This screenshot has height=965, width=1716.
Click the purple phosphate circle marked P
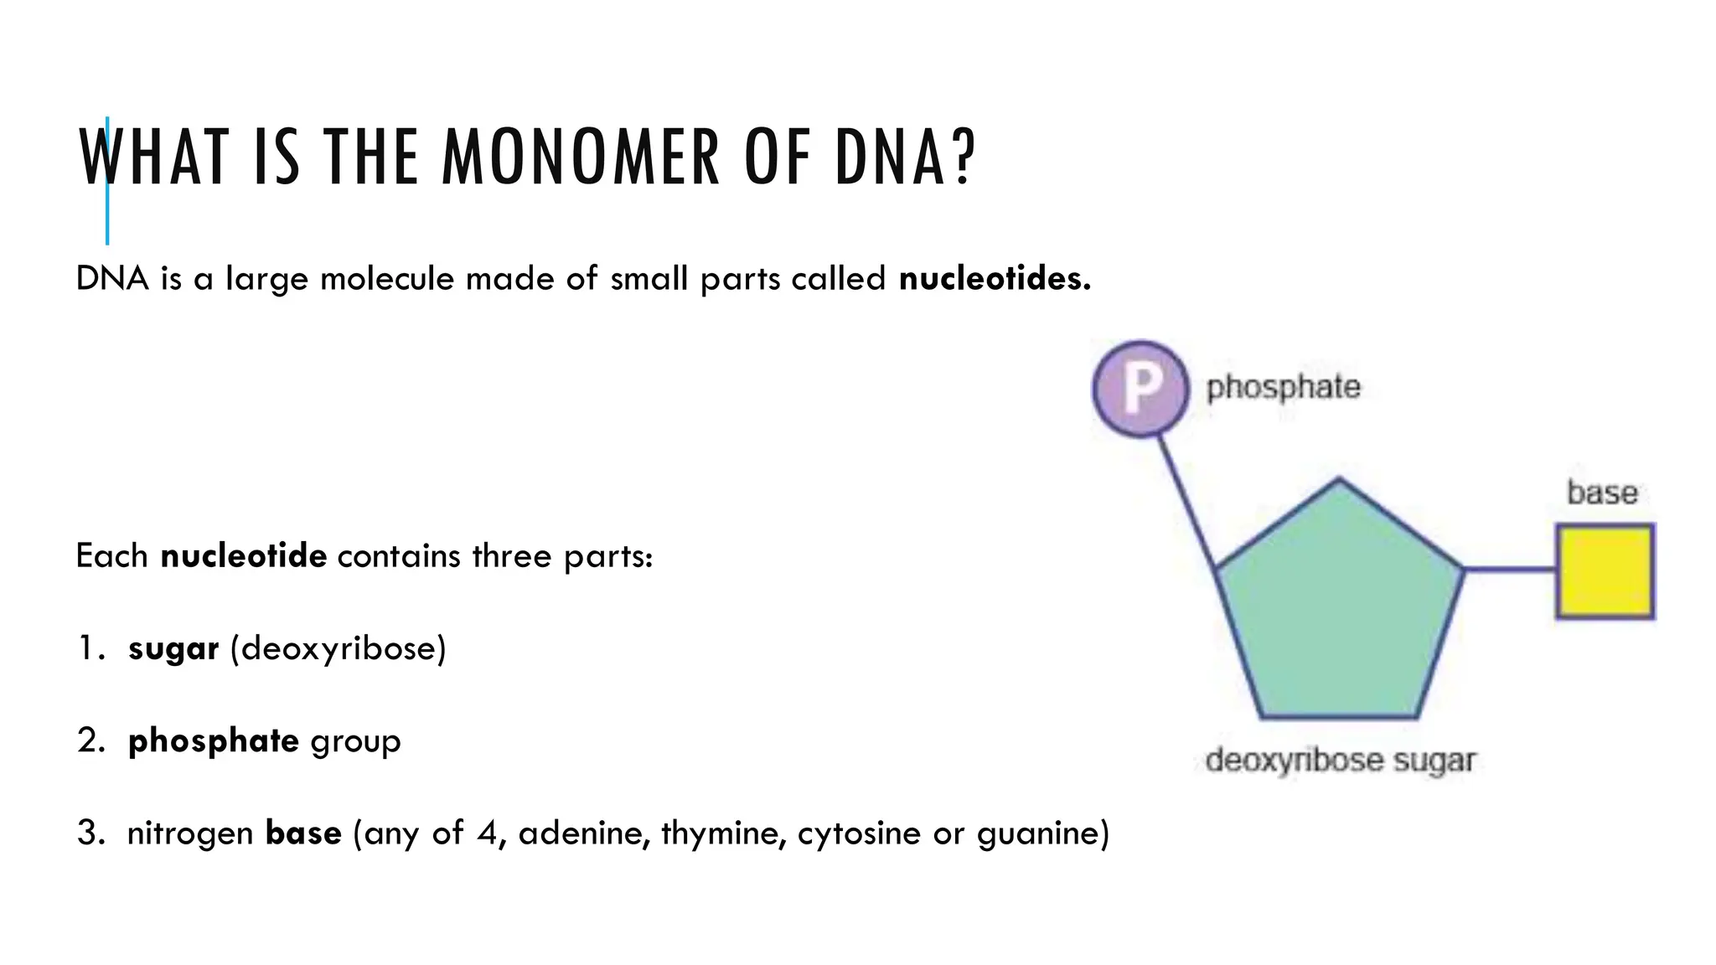[x=1140, y=388]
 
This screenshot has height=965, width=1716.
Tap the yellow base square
[x=1605, y=571]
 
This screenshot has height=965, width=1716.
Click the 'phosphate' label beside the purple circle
[x=1283, y=387]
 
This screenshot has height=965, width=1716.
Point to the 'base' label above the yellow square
[x=1602, y=493]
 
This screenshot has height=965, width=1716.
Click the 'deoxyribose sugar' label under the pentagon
[x=1340, y=760]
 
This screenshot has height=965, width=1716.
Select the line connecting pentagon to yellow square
[x=1510, y=570]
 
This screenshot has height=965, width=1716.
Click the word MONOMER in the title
[x=581, y=157]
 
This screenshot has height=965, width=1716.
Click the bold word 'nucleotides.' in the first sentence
[x=995, y=278]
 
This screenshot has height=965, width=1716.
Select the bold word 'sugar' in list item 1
[x=173, y=648]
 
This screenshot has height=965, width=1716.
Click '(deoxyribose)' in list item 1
[x=338, y=648]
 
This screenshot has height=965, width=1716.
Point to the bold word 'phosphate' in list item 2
[x=213, y=741]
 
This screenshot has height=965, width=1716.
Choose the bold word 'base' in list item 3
[x=303, y=833]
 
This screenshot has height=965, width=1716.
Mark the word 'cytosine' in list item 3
[x=859, y=833]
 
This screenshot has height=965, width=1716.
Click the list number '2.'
[x=90, y=741]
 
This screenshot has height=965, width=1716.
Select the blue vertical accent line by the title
[x=107, y=218]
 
